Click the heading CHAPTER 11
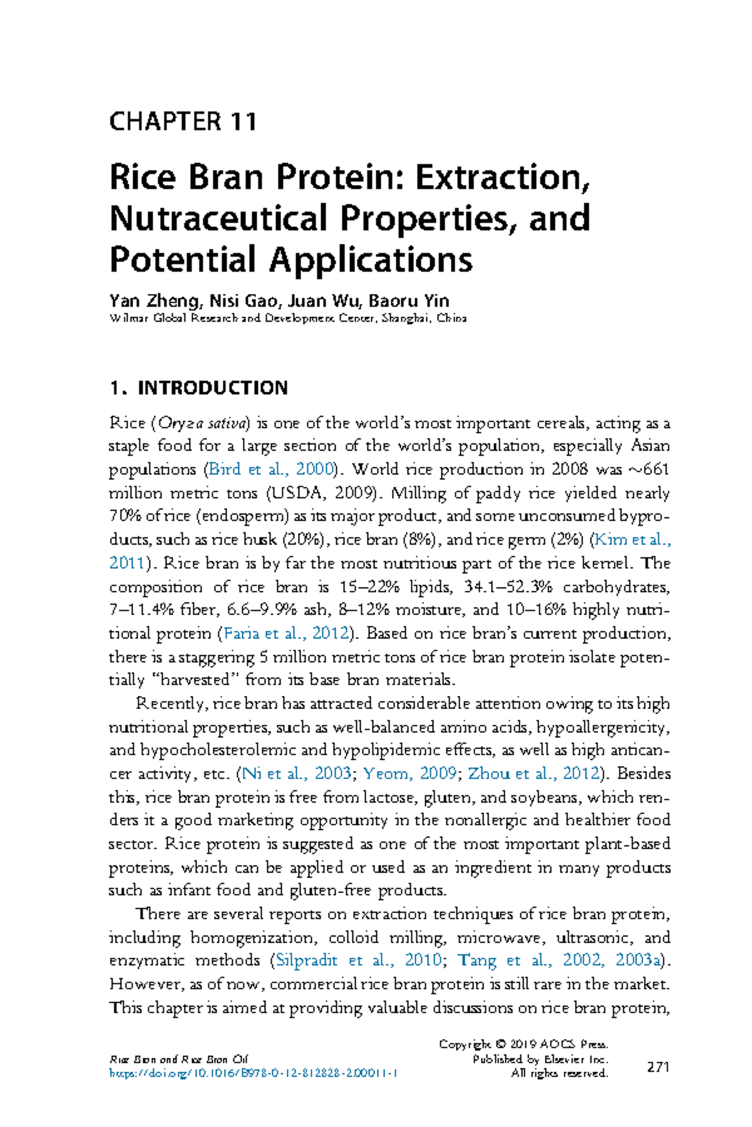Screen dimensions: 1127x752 point(182,121)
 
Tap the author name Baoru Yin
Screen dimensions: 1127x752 point(409,301)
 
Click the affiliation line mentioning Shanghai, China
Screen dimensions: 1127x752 point(288,318)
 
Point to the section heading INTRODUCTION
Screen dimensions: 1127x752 point(212,388)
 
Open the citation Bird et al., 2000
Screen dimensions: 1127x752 point(271,470)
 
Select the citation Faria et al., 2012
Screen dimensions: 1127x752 point(286,634)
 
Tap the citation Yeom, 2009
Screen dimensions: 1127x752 point(410,773)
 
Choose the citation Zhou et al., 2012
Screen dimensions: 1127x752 point(533,773)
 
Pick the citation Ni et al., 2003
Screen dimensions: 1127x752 point(296,773)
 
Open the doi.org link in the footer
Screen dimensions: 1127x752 point(253,1073)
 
